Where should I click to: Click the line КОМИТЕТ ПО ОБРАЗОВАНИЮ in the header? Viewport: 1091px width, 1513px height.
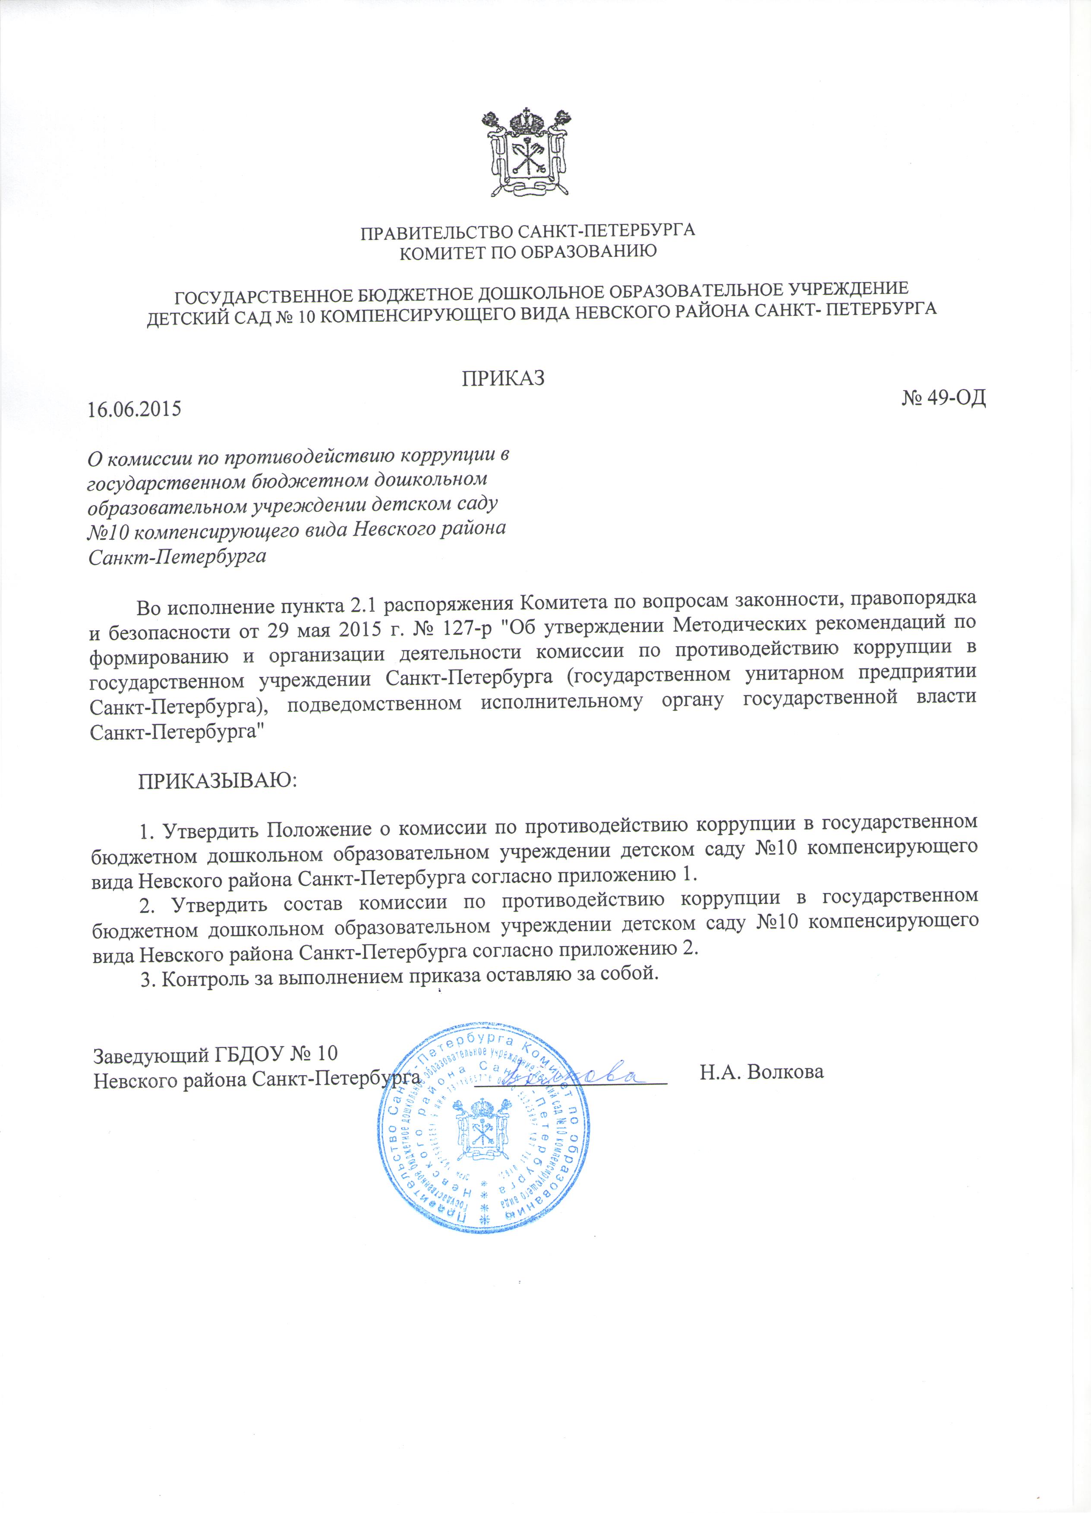pos(527,251)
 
